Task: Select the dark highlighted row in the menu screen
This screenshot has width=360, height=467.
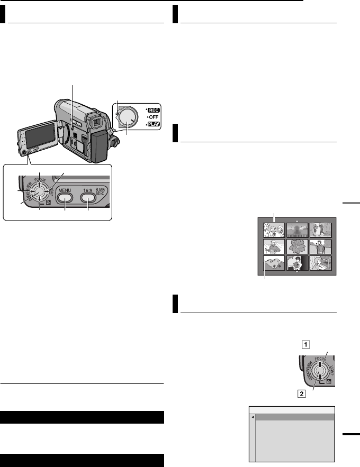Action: pos(292,417)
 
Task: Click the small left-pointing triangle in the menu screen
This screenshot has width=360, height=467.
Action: pos(253,417)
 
